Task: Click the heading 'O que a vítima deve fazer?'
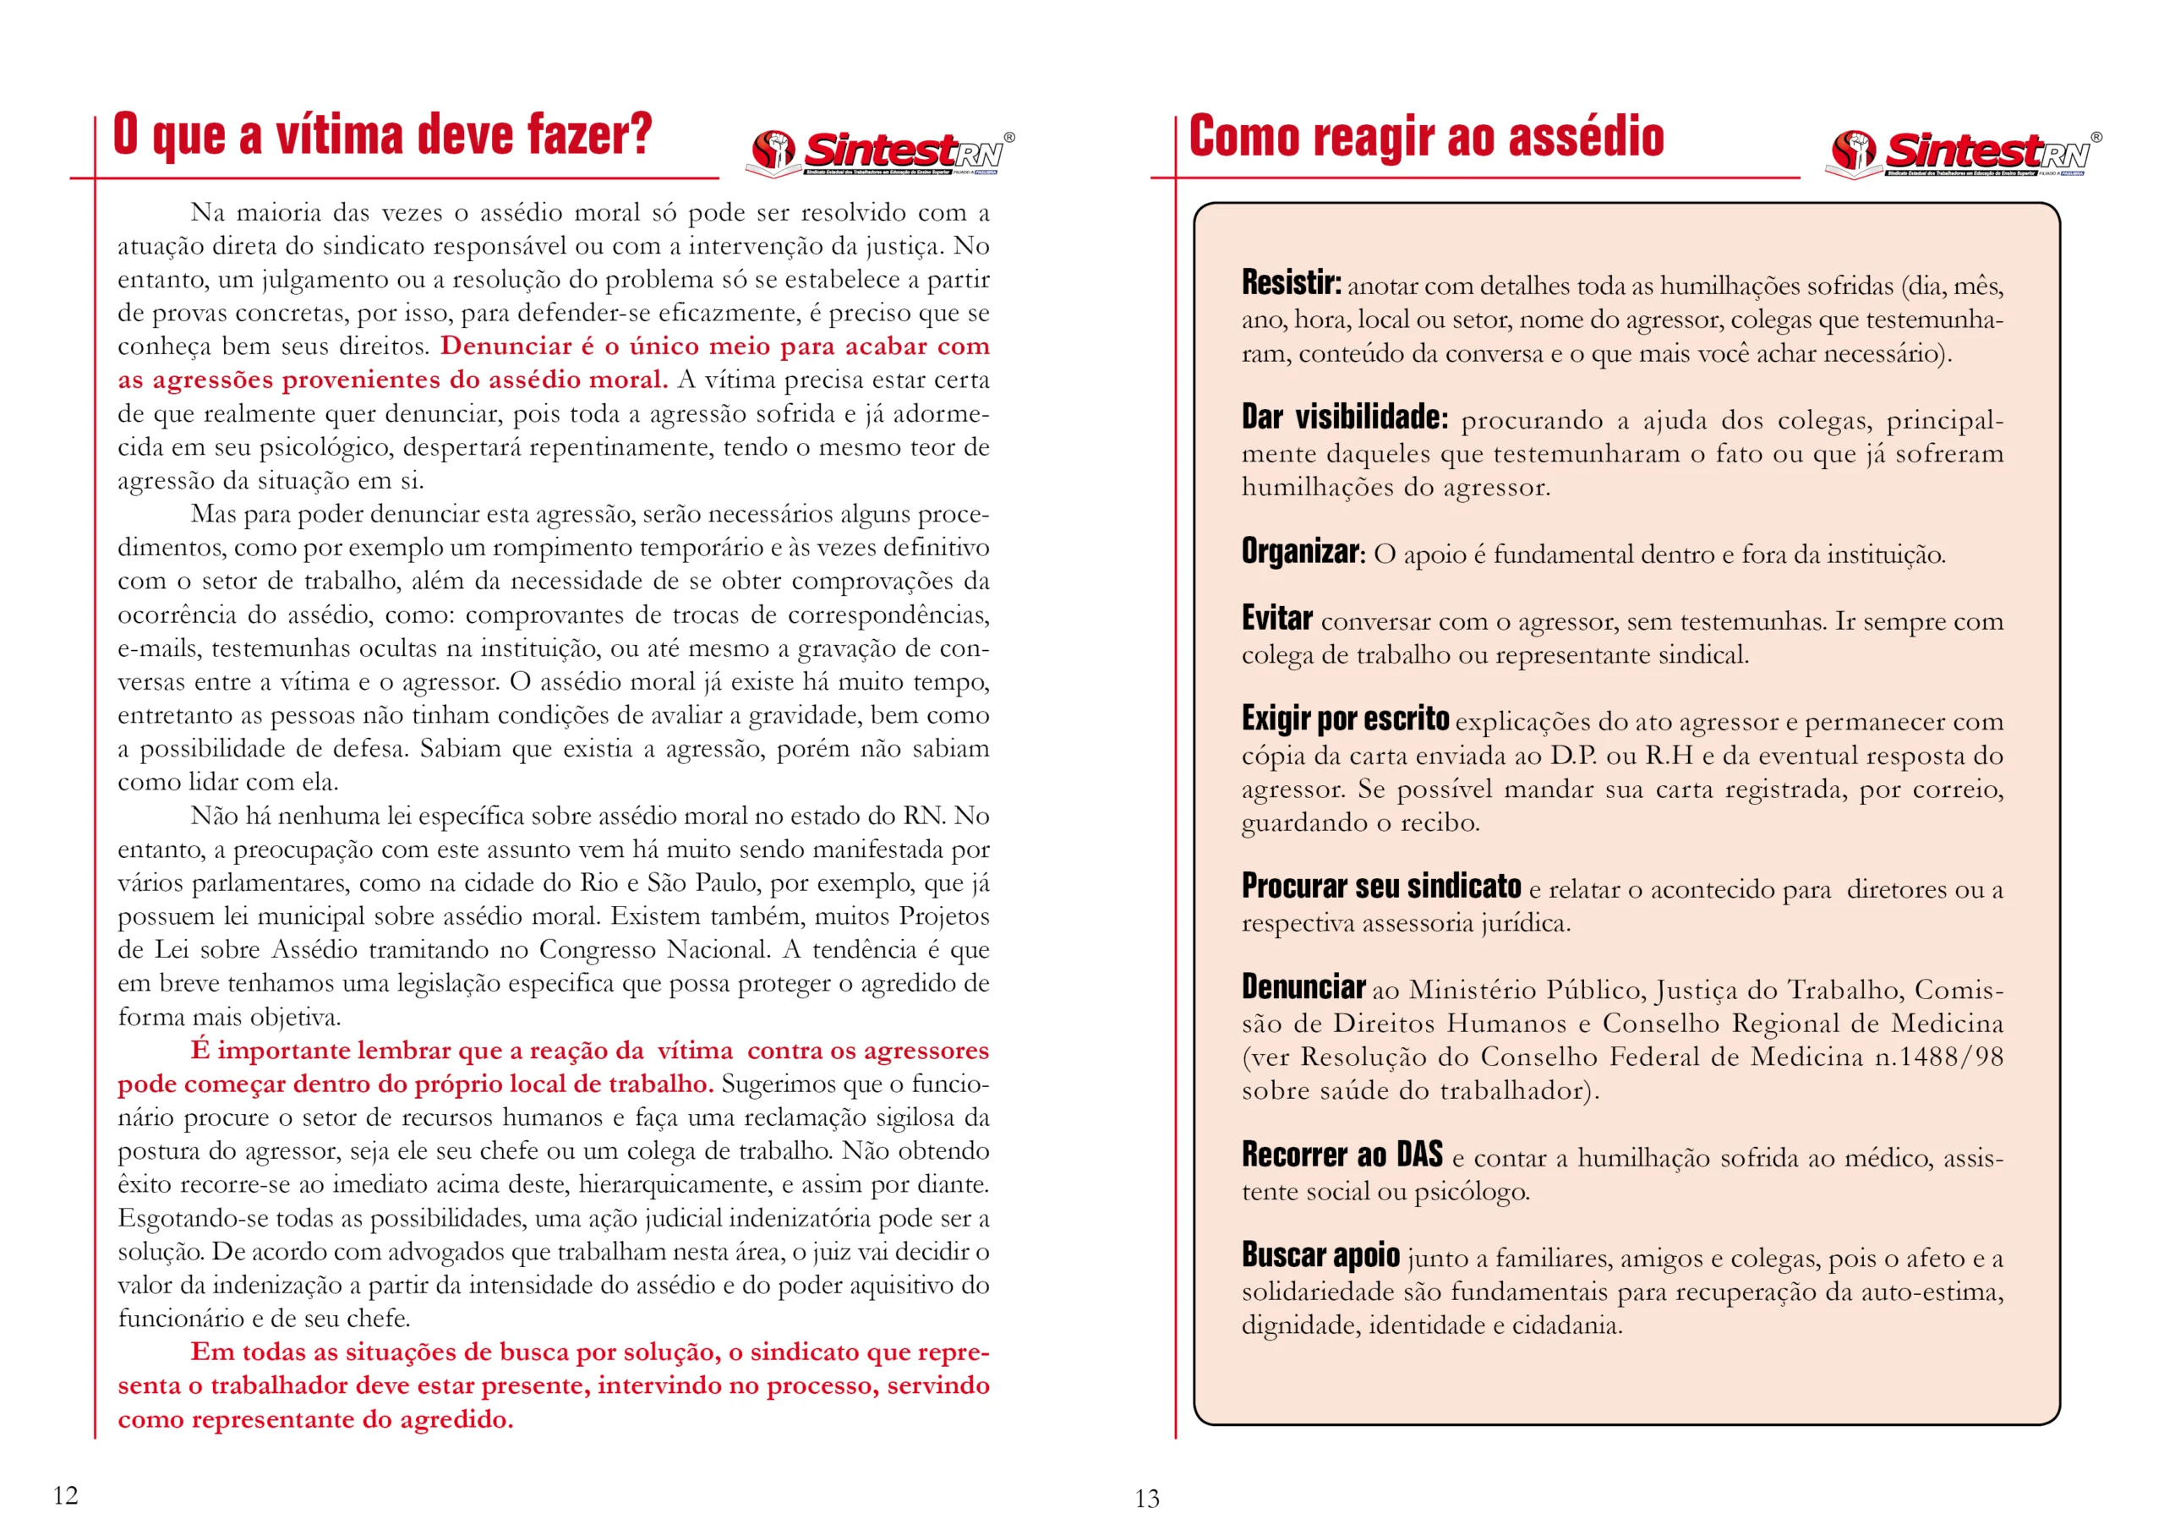point(382,134)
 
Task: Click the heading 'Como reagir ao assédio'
point(1425,136)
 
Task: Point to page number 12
point(65,1494)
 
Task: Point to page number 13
point(1146,1498)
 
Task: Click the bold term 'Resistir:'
point(1291,282)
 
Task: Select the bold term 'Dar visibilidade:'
point(1344,417)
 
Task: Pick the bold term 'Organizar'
point(1300,551)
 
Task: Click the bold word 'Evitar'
point(1276,618)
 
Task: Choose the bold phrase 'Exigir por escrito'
point(1345,718)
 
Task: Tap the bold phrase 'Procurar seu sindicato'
point(1380,886)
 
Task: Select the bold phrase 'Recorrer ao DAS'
point(1342,1154)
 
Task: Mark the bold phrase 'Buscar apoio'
point(1320,1255)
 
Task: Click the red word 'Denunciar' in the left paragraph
point(505,346)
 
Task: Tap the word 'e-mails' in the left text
point(158,648)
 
